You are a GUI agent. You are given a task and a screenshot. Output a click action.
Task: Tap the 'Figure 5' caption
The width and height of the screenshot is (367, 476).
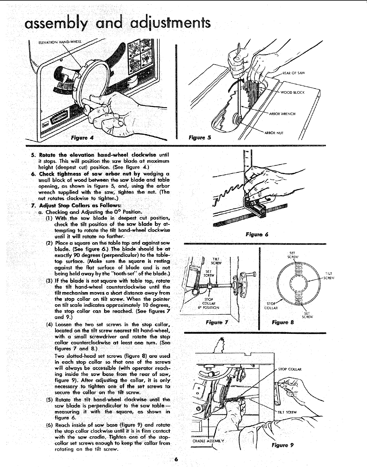pos(200,138)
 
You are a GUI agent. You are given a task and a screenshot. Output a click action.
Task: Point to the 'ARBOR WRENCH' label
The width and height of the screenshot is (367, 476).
pos(282,114)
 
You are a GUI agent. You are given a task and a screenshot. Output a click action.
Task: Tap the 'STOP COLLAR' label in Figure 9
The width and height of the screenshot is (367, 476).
pos(290,369)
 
